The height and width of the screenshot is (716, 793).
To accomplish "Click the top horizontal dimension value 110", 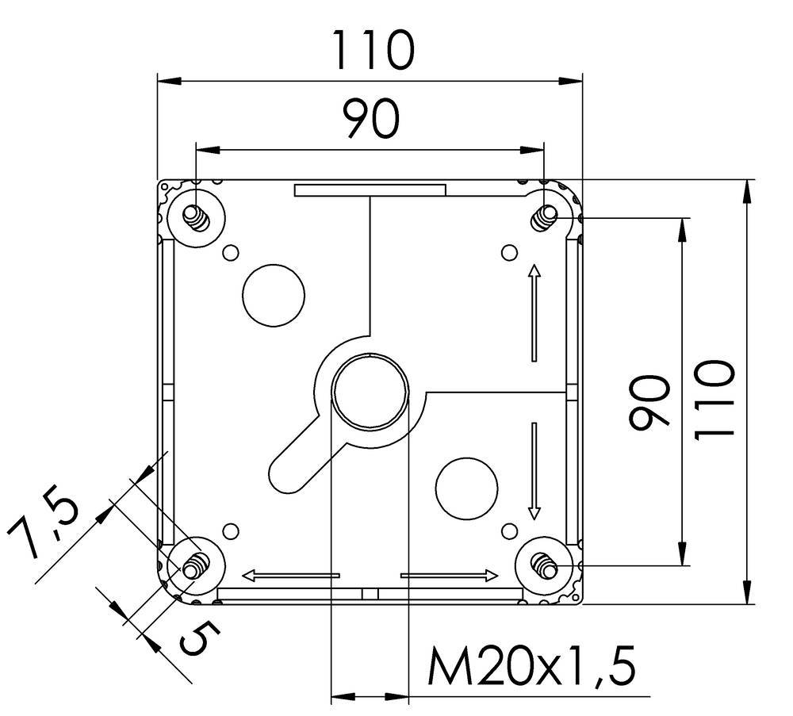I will click(x=372, y=51).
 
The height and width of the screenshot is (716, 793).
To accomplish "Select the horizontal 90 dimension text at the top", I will click(x=370, y=121).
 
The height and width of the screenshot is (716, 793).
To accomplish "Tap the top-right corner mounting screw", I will click(x=545, y=216).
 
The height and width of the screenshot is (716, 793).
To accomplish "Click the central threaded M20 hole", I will click(x=370, y=391).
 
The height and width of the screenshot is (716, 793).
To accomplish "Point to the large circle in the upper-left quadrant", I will click(x=274, y=295).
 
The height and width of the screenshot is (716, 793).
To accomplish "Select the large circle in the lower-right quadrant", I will click(x=467, y=486).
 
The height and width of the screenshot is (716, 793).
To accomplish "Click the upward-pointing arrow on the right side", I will click(x=534, y=312).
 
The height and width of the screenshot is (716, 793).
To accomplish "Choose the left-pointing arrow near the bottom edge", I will click(x=290, y=575).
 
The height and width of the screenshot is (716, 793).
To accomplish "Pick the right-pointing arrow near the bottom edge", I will click(x=450, y=575).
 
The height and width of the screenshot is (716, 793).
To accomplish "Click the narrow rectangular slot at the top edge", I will click(x=370, y=190).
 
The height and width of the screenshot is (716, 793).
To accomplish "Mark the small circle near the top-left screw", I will click(x=231, y=253).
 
